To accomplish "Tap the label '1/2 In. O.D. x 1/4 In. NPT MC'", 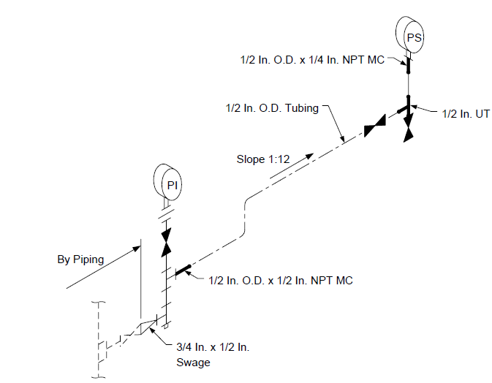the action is (312, 60).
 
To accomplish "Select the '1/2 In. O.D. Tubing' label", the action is (272, 108).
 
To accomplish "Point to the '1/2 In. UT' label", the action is (466, 114).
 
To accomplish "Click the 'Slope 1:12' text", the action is (263, 159).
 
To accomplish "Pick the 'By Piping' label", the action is (80, 259).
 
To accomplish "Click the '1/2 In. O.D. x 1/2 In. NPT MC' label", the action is (281, 281).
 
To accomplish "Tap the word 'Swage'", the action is (193, 363).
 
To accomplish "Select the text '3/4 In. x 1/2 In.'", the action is (213, 347).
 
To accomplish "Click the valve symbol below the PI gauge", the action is (166, 242).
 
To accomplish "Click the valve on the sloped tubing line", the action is (374, 126).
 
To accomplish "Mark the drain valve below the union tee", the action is (408, 128).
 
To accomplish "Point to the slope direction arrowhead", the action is (309, 156).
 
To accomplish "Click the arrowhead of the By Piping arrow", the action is (136, 249).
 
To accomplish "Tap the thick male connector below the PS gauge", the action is (408, 66).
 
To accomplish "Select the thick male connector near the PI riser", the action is (183, 270).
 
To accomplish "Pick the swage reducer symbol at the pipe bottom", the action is (146, 327).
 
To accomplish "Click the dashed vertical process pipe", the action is (99, 339).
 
